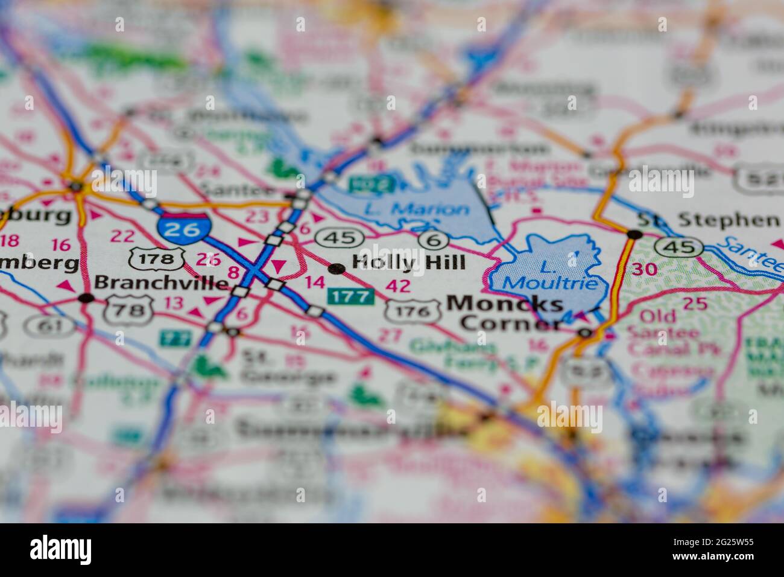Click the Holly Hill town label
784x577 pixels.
pyautogui.click(x=408, y=263)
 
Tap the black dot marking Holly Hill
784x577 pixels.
pyautogui.click(x=336, y=268)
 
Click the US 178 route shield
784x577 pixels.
pyautogui.click(x=156, y=260)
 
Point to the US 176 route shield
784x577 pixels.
pyautogui.click(x=413, y=311)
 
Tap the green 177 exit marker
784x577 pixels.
pyautogui.click(x=351, y=296)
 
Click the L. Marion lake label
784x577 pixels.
pyautogui.click(x=417, y=210)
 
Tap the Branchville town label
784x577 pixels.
pyautogui.click(x=162, y=282)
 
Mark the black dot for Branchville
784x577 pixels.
pyautogui.click(x=86, y=298)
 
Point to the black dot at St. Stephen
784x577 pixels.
pyautogui.click(x=634, y=234)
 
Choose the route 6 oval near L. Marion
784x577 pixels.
pyautogui.click(x=434, y=240)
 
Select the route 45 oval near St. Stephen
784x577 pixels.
pyautogui.click(x=679, y=247)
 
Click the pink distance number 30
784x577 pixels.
pyautogui.click(x=645, y=269)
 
